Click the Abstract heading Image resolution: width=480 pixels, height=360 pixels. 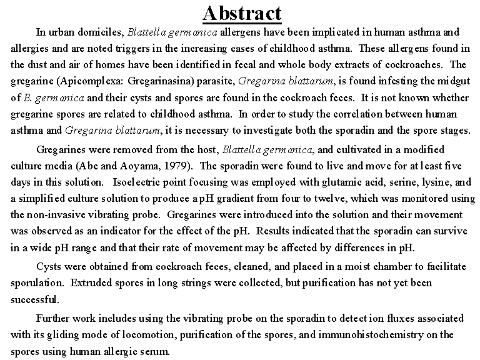(x=242, y=13)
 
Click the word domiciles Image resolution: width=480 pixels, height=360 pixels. (x=102, y=32)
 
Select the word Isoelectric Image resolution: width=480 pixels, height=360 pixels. (x=138, y=182)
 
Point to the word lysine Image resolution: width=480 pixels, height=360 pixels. (x=436, y=182)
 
